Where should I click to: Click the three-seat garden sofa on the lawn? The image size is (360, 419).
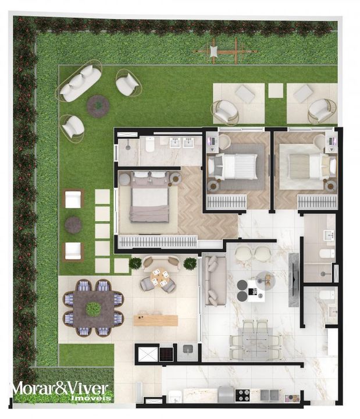[x=79, y=82]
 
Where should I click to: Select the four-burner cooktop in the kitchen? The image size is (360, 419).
[x=243, y=395]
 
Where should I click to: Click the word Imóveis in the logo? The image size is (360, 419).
[x=91, y=398]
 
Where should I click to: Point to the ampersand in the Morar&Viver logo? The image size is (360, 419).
[x=61, y=388]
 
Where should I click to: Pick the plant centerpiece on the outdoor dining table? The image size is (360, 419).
[x=93, y=308]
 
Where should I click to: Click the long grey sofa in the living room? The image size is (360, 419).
[x=215, y=281]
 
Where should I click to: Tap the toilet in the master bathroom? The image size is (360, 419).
[x=150, y=144]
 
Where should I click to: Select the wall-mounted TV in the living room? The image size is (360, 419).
[x=293, y=280]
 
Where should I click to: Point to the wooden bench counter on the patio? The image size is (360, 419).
[x=156, y=321]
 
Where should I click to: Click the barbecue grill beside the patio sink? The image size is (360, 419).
[x=166, y=354]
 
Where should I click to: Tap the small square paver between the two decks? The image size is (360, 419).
[x=276, y=91]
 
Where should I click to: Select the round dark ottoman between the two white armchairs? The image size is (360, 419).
[x=73, y=225]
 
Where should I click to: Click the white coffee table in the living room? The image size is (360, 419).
[x=255, y=291]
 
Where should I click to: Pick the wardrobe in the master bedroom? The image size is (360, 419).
[x=158, y=242]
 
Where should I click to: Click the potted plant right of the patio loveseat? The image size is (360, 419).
[x=190, y=264]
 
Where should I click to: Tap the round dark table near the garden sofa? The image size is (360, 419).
[x=98, y=106]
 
